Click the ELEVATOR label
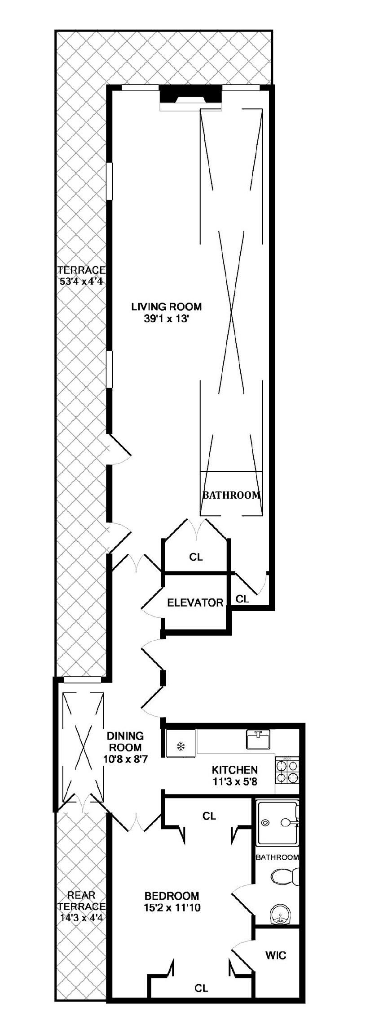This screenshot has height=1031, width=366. click(195, 603)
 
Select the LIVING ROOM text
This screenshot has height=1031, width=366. click(166, 307)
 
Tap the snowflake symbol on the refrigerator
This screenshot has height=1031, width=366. click(181, 747)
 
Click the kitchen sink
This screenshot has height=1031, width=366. click(258, 739)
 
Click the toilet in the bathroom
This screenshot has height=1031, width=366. click(283, 875)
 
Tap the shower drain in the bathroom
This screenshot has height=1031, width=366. click(265, 822)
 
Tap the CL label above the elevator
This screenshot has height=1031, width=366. click(196, 557)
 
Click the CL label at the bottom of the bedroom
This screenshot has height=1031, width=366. click(201, 1000)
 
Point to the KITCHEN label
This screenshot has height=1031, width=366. click(235, 769)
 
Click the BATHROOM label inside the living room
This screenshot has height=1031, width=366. click(231, 495)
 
